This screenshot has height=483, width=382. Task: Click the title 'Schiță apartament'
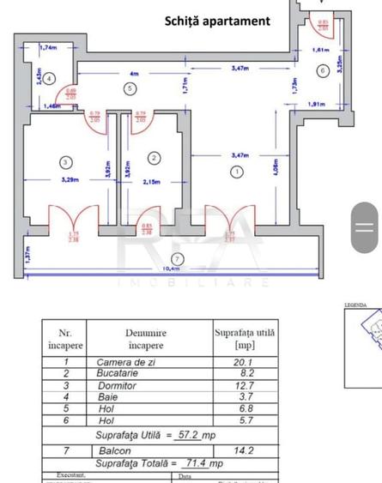point(217,21)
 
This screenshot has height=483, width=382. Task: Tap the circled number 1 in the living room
point(236,172)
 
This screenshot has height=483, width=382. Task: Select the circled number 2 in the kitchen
point(154,158)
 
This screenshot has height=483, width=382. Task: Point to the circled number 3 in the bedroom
point(65,161)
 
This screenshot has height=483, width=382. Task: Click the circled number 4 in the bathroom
point(50,76)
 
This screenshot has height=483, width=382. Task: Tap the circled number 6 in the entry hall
point(322,70)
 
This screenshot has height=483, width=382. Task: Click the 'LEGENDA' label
point(355,305)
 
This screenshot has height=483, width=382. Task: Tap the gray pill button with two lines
point(365,226)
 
